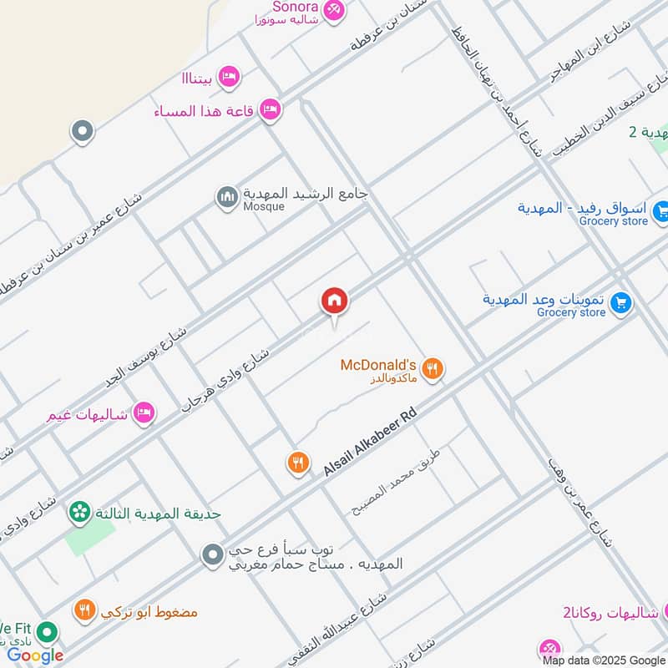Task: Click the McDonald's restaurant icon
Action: tap(432, 368)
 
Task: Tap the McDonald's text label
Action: tap(378, 365)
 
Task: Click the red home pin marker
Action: tap(335, 301)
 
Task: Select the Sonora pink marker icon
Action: tap(334, 10)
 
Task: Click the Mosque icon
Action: tap(226, 197)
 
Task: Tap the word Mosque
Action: tap(264, 206)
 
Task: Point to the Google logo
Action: tap(35, 655)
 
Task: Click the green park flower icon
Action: tap(80, 511)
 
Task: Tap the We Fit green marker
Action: tap(48, 632)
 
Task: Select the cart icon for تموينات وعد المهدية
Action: tap(620, 303)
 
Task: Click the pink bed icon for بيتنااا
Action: tap(229, 78)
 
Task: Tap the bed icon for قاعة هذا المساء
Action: tap(270, 109)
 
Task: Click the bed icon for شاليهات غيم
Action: tap(144, 412)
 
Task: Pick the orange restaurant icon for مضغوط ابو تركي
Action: tap(83, 610)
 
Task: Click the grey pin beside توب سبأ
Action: tap(213, 554)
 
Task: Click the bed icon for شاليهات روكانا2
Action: tap(549, 649)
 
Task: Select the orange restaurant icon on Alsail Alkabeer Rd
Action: tap(298, 463)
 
